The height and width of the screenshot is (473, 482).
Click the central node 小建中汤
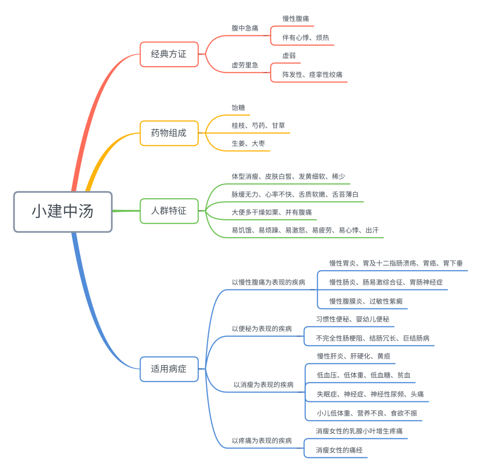pos(62,212)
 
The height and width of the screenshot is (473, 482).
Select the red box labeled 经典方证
pos(169,54)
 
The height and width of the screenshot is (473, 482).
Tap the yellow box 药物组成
pos(169,133)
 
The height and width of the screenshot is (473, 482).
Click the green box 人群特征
pos(169,210)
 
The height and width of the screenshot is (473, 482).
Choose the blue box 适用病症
pos(169,369)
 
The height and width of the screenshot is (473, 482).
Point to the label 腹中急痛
pos(245,28)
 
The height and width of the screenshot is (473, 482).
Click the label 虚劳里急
pos(245,65)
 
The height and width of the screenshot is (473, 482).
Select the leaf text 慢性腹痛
pos(295,19)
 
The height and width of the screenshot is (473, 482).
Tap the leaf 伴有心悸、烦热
pos(306,38)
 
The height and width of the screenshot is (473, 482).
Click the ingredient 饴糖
pos(238,108)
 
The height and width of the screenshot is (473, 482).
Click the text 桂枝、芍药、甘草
pos(258,126)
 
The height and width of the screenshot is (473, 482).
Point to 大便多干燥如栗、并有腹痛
pos(271,212)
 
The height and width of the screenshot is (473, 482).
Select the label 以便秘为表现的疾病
pos(262,329)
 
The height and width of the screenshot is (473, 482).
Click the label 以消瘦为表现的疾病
pos(263,385)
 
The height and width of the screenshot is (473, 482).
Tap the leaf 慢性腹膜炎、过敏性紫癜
pos(362,301)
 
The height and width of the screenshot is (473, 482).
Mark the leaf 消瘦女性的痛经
pos(339,450)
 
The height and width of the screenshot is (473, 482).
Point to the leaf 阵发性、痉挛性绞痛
pos(312,75)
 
